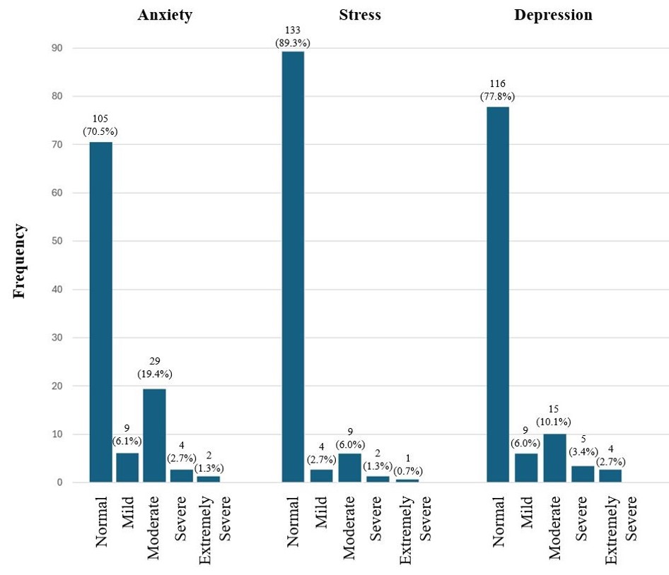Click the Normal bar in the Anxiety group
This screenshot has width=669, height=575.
(100, 312)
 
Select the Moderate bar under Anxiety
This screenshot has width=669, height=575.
(154, 435)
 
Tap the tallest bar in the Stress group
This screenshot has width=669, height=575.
(293, 267)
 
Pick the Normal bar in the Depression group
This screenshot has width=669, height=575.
(497, 295)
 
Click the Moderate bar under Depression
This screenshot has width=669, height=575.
(554, 458)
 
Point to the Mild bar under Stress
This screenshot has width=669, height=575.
(320, 475)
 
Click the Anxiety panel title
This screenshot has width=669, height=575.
(164, 16)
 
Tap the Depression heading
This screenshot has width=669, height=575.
(554, 16)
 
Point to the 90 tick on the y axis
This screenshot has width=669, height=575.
(57, 48)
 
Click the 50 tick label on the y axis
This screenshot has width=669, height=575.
(57, 241)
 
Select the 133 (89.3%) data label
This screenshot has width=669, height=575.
(292, 37)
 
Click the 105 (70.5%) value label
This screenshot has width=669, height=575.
(100, 125)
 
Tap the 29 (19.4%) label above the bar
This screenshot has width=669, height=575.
(154, 367)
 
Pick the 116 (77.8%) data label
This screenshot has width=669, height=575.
(497, 90)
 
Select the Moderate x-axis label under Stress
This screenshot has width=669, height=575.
(349, 527)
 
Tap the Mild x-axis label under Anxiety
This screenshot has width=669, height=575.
(128, 511)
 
